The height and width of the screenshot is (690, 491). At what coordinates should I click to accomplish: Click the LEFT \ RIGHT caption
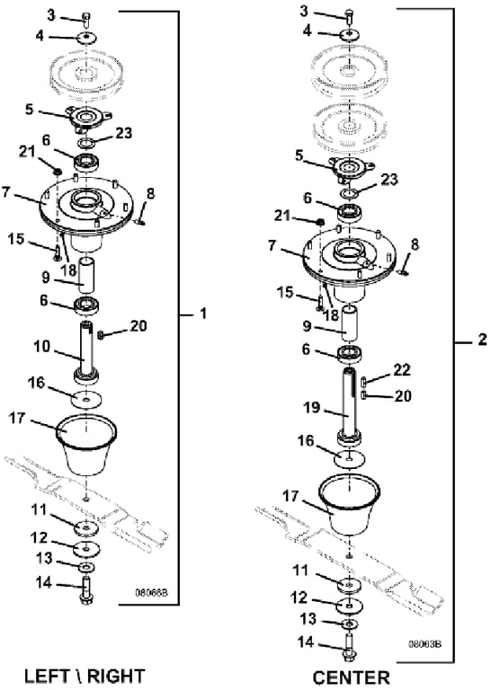tap(85, 677)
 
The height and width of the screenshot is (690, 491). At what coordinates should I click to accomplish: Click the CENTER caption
tap(352, 678)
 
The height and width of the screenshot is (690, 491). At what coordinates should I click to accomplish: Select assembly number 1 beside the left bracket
tap(202, 314)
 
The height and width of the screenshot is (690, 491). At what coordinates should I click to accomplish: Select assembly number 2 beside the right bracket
tap(482, 340)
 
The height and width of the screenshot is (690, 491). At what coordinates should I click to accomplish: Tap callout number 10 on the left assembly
tap(42, 347)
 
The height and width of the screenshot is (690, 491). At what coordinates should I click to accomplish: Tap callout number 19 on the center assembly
tap(312, 408)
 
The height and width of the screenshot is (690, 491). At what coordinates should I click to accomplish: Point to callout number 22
tap(402, 369)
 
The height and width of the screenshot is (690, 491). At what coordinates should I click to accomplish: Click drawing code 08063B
tap(425, 644)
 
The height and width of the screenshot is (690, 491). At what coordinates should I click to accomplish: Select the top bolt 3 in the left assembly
tap(86, 20)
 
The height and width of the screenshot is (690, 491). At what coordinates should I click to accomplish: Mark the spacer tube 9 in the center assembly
tap(351, 323)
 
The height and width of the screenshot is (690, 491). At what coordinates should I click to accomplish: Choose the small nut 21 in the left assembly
tap(57, 171)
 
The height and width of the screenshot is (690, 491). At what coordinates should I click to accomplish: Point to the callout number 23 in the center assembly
tap(388, 180)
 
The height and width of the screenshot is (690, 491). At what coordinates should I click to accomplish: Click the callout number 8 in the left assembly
tap(151, 193)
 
